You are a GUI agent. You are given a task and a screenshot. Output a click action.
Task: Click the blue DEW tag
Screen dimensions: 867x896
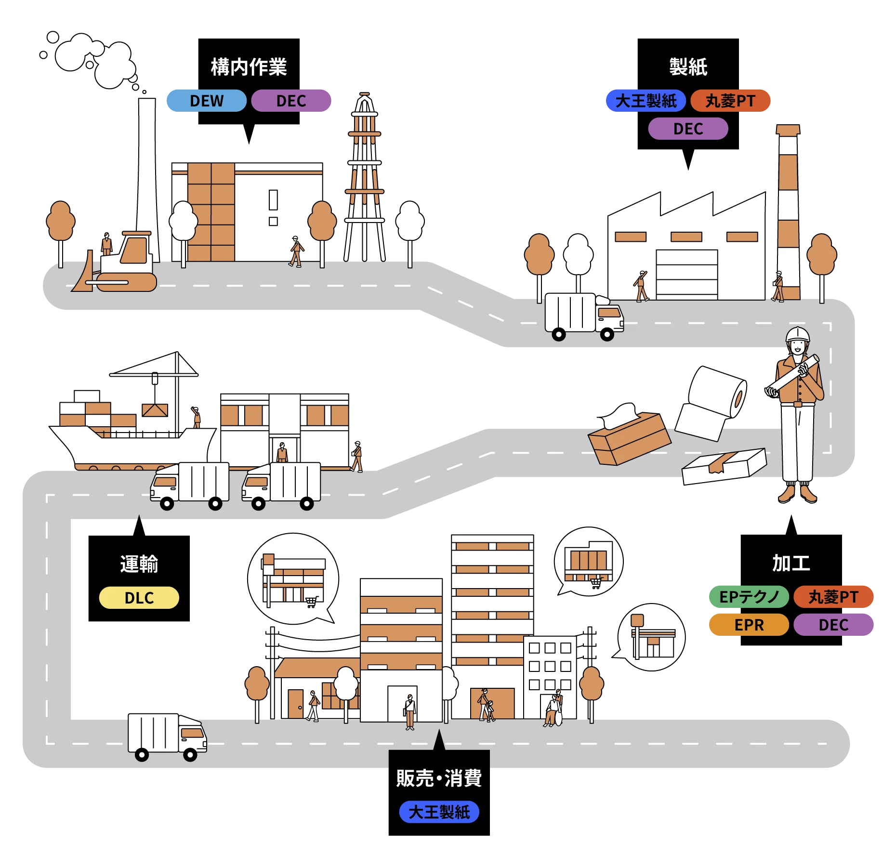206,101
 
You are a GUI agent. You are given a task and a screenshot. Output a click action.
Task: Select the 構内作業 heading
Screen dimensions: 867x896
249,67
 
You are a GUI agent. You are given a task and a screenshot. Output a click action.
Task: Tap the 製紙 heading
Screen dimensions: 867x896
688,67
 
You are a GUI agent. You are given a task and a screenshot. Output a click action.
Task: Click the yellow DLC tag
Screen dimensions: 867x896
139,598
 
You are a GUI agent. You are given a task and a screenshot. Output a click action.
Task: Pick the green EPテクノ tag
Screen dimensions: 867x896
749,597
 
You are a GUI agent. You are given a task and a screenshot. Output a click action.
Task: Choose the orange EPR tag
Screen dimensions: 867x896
749,625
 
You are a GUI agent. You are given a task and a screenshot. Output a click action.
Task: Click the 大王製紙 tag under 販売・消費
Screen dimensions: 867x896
439,812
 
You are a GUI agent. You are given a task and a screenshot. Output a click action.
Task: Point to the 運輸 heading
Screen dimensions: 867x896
139,564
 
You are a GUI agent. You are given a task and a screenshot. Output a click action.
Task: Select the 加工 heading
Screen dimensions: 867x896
791,563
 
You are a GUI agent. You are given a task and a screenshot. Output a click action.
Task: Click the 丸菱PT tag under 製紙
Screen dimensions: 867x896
730,101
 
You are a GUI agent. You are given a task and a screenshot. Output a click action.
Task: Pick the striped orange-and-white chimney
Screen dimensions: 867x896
789,212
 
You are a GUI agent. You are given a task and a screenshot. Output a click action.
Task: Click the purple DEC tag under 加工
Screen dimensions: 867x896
833,625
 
